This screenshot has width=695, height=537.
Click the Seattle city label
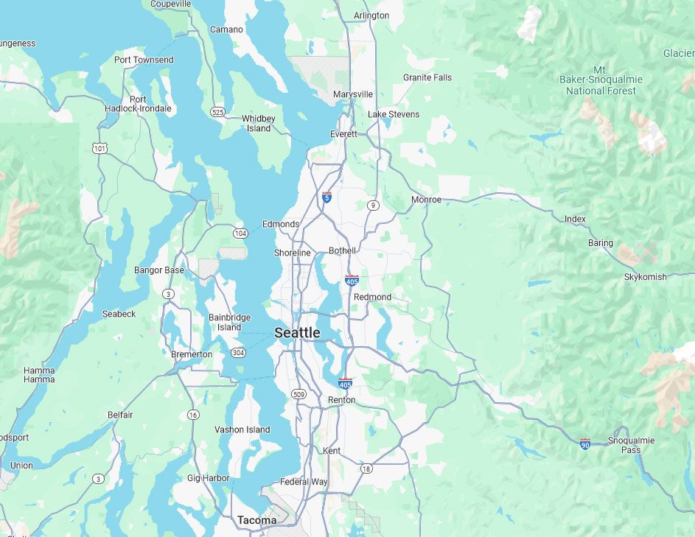[x=297, y=333]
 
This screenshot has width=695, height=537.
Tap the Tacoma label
[x=257, y=520]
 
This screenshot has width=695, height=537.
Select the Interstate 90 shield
[x=584, y=444]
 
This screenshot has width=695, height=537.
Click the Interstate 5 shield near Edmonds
[x=326, y=197]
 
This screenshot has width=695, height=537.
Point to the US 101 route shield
[x=99, y=149]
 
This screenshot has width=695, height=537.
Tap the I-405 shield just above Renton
[x=345, y=383]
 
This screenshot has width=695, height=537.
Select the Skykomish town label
[x=645, y=277]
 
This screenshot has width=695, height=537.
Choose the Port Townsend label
[x=144, y=60]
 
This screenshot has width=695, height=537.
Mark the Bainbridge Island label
[x=229, y=322]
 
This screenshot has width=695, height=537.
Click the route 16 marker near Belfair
[x=192, y=415]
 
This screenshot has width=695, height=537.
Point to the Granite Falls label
[x=427, y=77]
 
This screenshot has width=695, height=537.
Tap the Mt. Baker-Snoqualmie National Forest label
[x=601, y=80]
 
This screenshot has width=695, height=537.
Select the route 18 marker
[x=366, y=468]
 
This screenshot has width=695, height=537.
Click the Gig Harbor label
[x=209, y=478]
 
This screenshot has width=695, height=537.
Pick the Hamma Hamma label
[x=39, y=375]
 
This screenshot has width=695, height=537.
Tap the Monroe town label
[x=426, y=200]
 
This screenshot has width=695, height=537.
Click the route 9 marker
[x=374, y=206]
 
